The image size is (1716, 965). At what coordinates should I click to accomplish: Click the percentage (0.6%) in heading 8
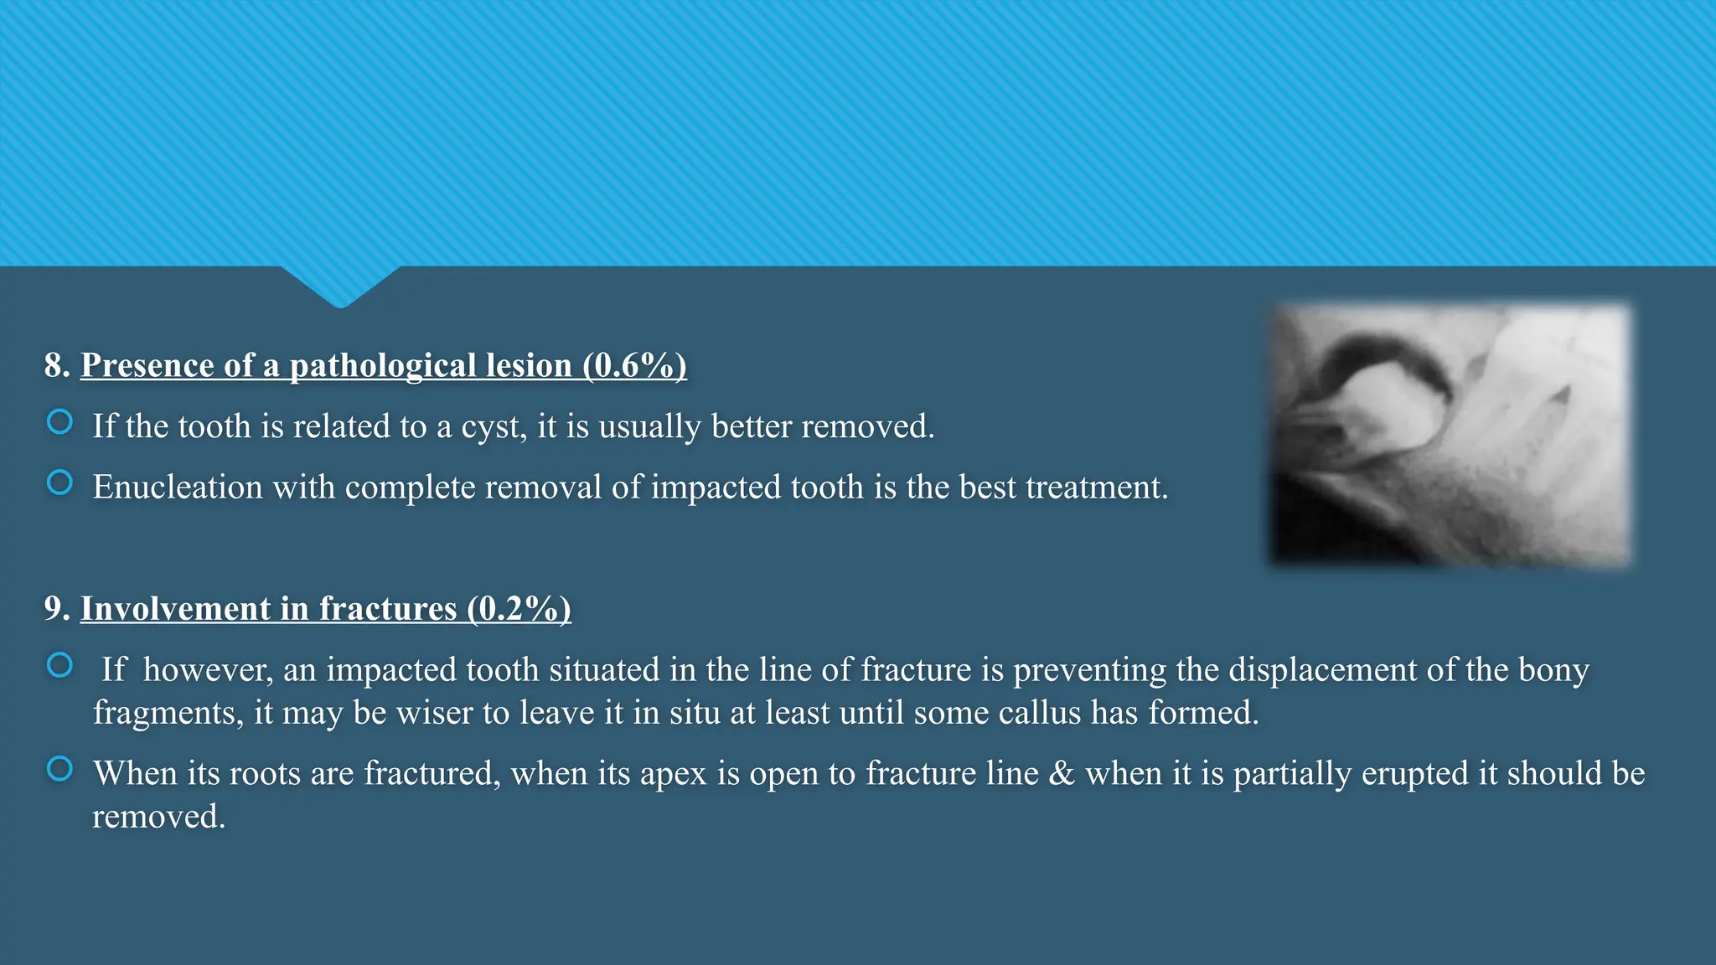point(634,365)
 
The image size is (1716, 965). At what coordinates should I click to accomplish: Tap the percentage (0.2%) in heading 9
point(519,608)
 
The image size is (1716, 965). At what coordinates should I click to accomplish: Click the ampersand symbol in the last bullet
point(1061,773)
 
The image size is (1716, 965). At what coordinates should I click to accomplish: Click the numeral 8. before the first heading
point(57,365)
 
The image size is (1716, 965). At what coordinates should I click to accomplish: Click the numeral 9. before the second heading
point(57,608)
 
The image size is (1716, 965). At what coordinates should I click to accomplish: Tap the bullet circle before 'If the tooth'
point(59,421)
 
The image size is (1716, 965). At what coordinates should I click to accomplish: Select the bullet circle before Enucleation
point(59,482)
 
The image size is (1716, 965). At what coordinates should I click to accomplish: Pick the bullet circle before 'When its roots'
point(59,768)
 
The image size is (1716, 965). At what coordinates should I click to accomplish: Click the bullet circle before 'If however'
point(59,665)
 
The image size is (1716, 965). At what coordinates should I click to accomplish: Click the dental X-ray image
point(1450,435)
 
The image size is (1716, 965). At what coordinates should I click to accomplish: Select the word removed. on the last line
point(158,817)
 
